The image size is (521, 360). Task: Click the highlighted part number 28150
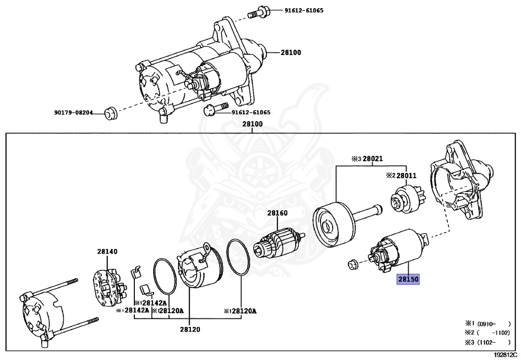(x=408, y=280)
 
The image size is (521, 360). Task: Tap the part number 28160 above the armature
(x=278, y=213)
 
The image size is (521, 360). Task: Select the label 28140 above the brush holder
(x=107, y=251)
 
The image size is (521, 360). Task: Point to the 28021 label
(x=372, y=159)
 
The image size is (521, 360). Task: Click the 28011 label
(x=406, y=176)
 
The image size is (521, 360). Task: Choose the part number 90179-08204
(x=74, y=113)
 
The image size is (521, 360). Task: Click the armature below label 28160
(x=279, y=242)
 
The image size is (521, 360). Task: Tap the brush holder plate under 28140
(x=107, y=285)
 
